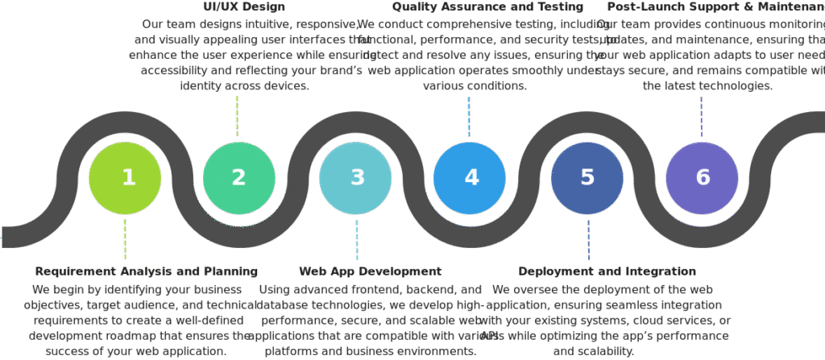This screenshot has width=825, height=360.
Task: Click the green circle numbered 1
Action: click(x=125, y=177)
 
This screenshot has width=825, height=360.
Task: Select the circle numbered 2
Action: click(x=238, y=177)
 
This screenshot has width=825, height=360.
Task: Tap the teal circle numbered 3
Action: click(x=356, y=177)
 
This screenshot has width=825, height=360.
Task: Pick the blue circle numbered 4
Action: click(x=471, y=177)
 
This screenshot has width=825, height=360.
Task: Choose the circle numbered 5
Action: click(x=587, y=177)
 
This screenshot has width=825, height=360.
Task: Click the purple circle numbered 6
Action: click(x=703, y=177)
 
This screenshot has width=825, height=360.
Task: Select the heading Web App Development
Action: click(x=370, y=271)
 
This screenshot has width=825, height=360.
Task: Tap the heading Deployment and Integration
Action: click(x=607, y=271)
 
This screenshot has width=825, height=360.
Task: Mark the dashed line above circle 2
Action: click(x=238, y=116)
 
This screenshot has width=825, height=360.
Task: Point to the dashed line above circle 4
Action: click(x=470, y=116)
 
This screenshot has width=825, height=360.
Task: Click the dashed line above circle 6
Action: click(x=702, y=116)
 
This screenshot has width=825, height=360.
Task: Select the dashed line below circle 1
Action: click(x=125, y=237)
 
